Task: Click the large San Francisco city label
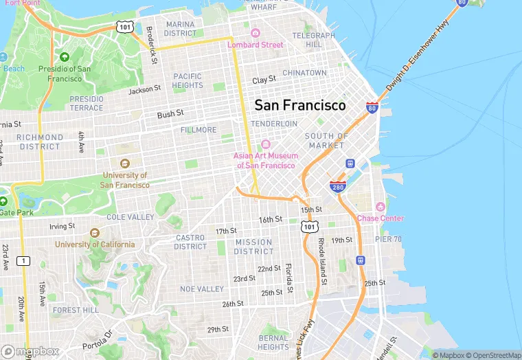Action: pyautogui.click(x=300, y=105)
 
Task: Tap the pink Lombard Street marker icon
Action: pyautogui.click(x=256, y=33)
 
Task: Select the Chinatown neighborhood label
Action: pyautogui.click(x=304, y=73)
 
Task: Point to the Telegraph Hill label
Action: pyautogui.click(x=313, y=40)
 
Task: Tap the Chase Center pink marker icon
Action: pyautogui.click(x=380, y=207)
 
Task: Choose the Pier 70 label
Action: pyautogui.click(x=388, y=238)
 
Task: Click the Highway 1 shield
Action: pyautogui.click(x=25, y=260)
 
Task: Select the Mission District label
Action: pyautogui.click(x=254, y=247)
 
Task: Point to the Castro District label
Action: pyautogui.click(x=191, y=242)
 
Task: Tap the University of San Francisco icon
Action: pyautogui.click(x=124, y=164)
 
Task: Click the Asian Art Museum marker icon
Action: pyautogui.click(x=265, y=144)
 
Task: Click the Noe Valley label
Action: pyautogui.click(x=202, y=289)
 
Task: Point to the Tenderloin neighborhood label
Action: pyautogui.click(x=274, y=124)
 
